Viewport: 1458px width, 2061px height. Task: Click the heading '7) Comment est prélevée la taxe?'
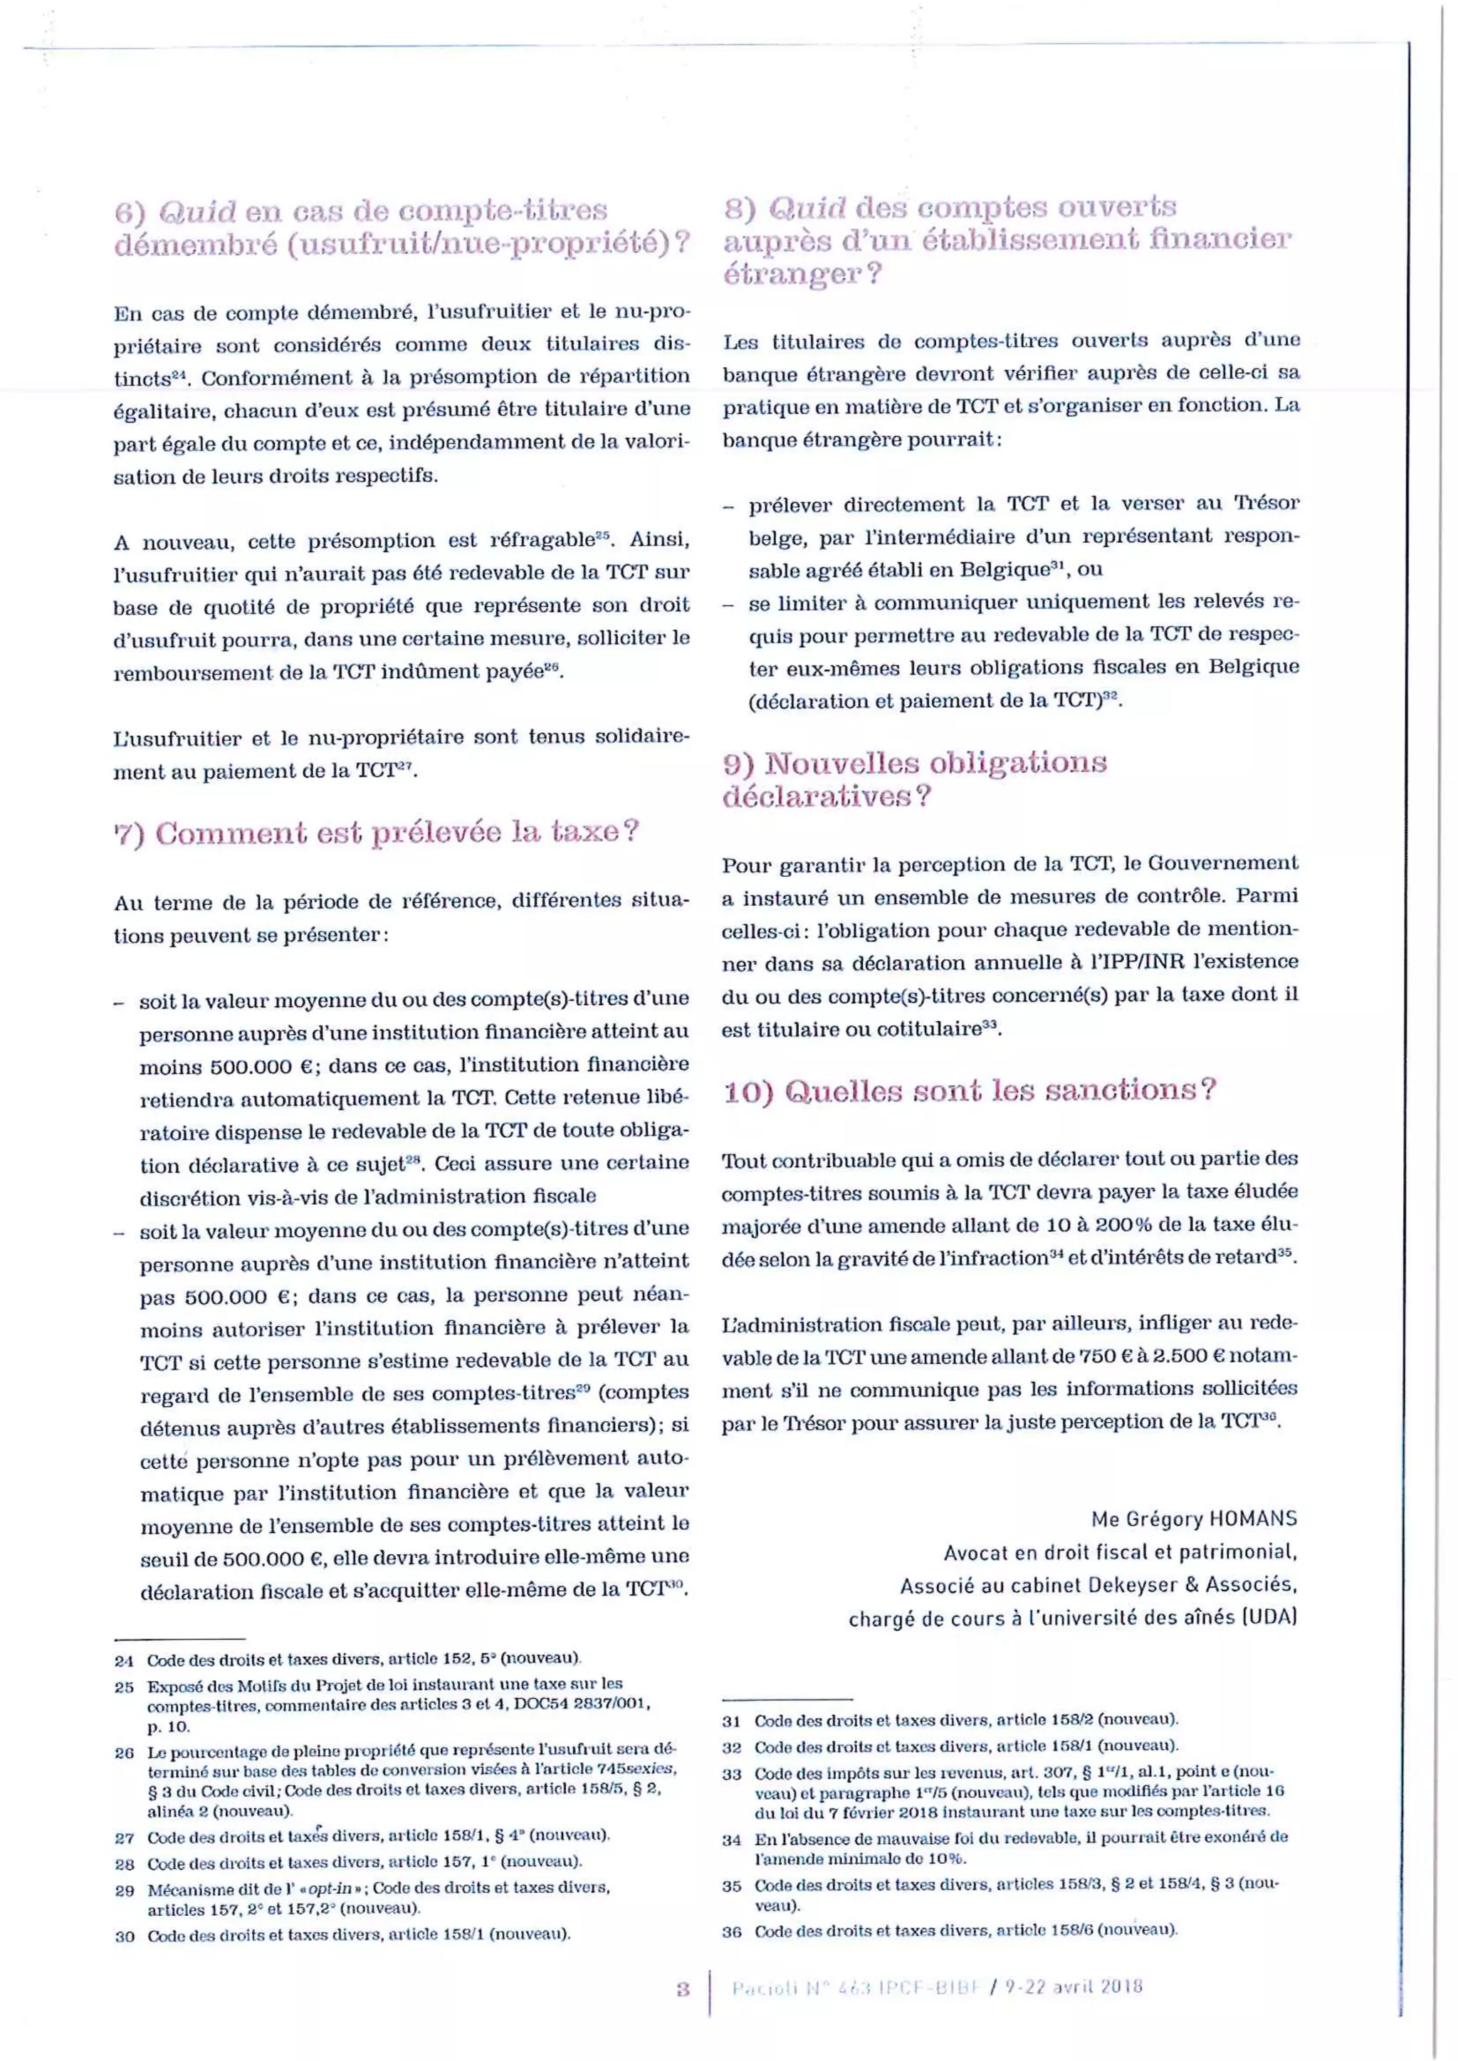pos(376,832)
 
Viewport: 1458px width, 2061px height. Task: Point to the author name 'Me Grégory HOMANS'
pos(1193,1519)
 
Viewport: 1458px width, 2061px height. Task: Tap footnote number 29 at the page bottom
pos(124,1890)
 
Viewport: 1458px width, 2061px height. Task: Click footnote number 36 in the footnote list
pos(732,1931)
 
